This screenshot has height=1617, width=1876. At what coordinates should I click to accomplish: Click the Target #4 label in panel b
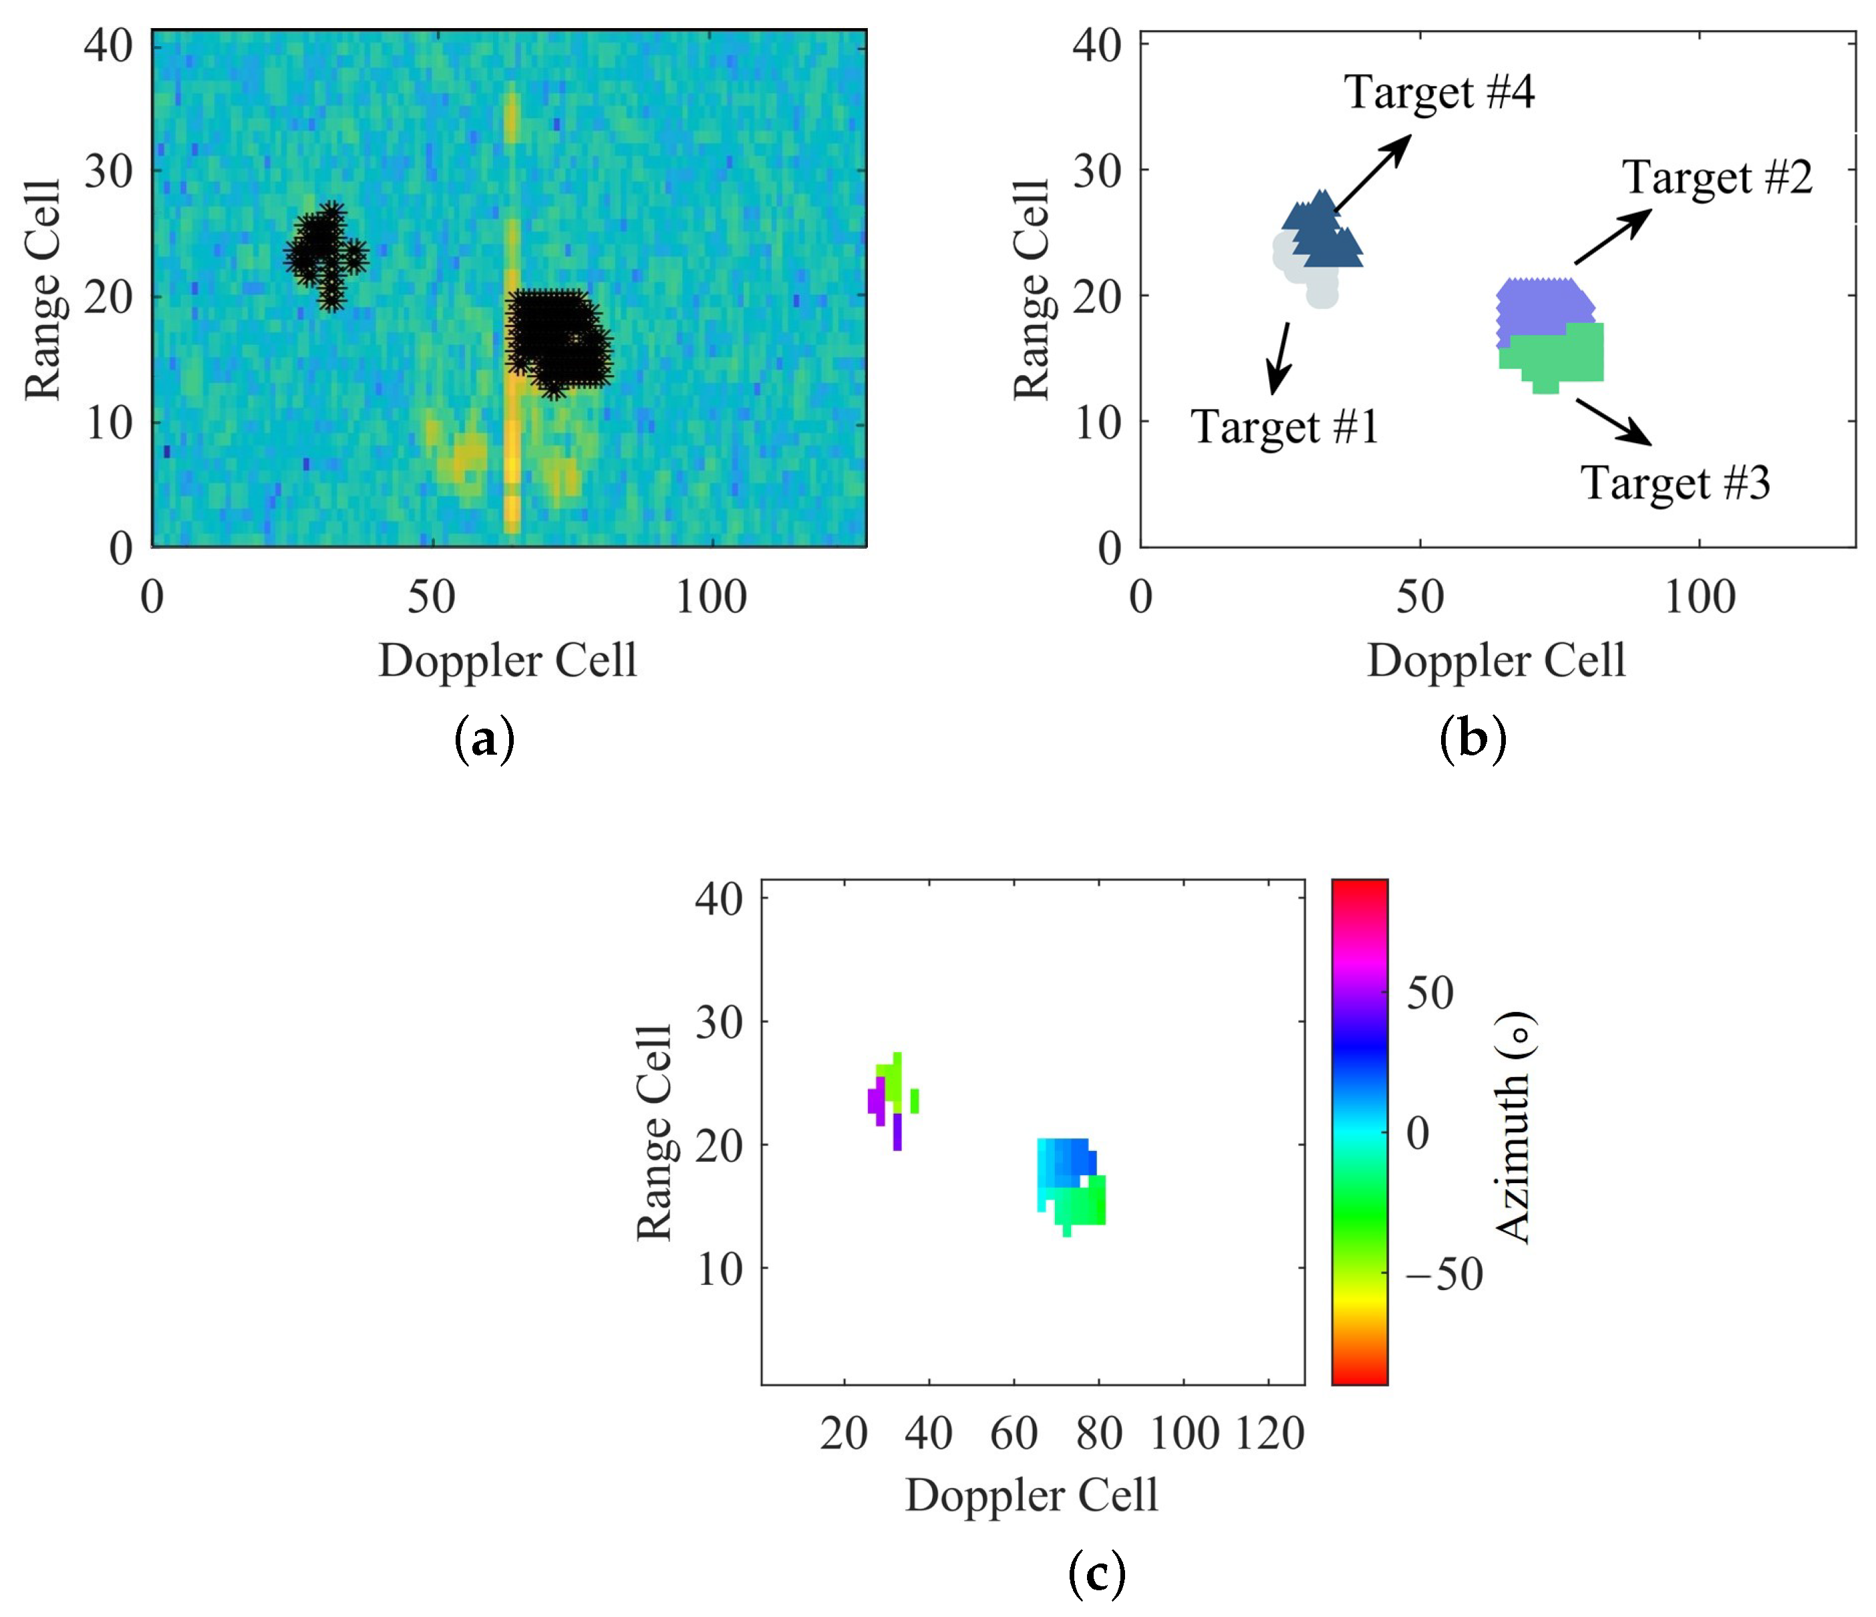[x=1438, y=92]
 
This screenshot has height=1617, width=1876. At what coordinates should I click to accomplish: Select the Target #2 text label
[x=1716, y=178]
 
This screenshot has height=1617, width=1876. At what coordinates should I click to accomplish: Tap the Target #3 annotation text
[x=1675, y=483]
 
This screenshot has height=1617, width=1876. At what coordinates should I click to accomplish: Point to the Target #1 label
[x=1284, y=426]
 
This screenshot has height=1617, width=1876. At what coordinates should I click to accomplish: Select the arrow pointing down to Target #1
[x=1280, y=358]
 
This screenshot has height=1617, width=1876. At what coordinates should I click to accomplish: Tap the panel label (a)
[x=484, y=740]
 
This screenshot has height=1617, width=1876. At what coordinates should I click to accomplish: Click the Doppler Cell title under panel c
[x=1032, y=1495]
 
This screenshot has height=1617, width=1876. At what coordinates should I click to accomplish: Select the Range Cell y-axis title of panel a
[x=43, y=290]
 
